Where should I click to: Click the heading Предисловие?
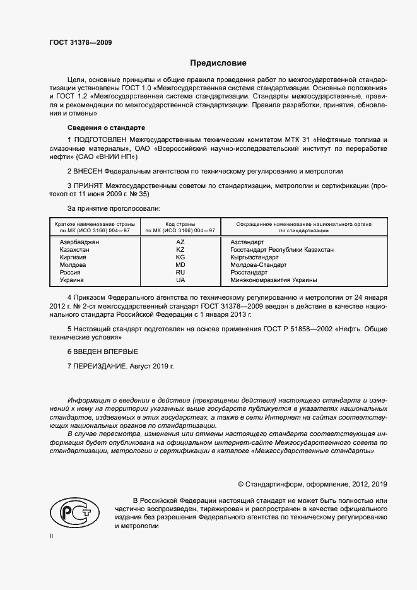click(x=218, y=63)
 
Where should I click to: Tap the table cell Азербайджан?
click(x=79, y=242)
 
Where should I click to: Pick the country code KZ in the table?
click(x=180, y=250)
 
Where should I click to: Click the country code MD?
click(x=180, y=265)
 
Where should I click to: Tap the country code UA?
click(x=180, y=280)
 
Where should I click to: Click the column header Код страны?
click(x=180, y=224)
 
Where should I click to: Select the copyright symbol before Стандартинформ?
click(x=241, y=484)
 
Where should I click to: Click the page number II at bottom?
click(x=52, y=536)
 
